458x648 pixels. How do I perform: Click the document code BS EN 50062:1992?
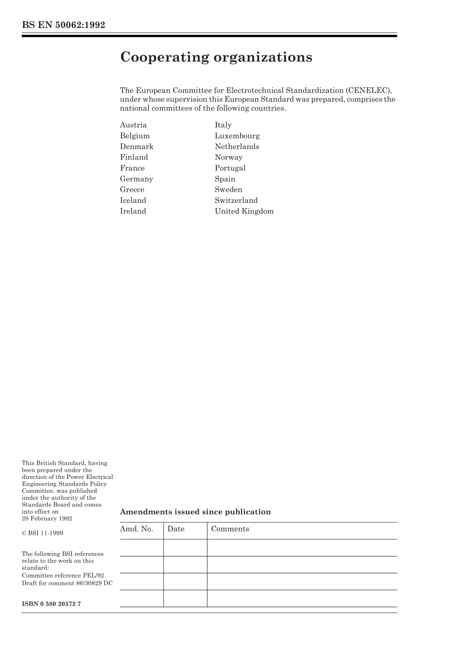pyautogui.click(x=63, y=25)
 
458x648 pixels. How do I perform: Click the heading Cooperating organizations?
pyautogui.click(x=216, y=57)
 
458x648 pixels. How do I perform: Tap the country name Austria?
pyautogui.click(x=133, y=125)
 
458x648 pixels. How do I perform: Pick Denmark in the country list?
pyautogui.click(x=136, y=146)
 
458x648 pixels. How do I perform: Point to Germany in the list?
pyautogui.click(x=136, y=179)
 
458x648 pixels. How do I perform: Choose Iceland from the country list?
pyautogui.click(x=133, y=200)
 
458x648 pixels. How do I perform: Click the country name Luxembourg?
pyautogui.click(x=237, y=136)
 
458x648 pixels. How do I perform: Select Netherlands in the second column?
pyautogui.click(x=237, y=146)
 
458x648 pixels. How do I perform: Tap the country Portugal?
pyautogui.click(x=230, y=168)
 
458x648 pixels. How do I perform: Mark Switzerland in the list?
pyautogui.click(x=236, y=200)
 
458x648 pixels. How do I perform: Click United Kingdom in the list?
pyautogui.click(x=244, y=211)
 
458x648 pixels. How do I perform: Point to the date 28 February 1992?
pyautogui.click(x=47, y=518)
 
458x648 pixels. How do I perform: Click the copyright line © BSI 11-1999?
pyautogui.click(x=42, y=533)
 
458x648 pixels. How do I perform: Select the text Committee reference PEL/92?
pyautogui.click(x=63, y=575)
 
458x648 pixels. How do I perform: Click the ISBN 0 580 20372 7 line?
pyautogui.click(x=51, y=604)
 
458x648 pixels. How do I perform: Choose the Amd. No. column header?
pyautogui.click(x=136, y=529)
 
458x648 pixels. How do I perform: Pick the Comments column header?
pyautogui.click(x=230, y=529)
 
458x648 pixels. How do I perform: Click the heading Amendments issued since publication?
pyautogui.click(x=195, y=512)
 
